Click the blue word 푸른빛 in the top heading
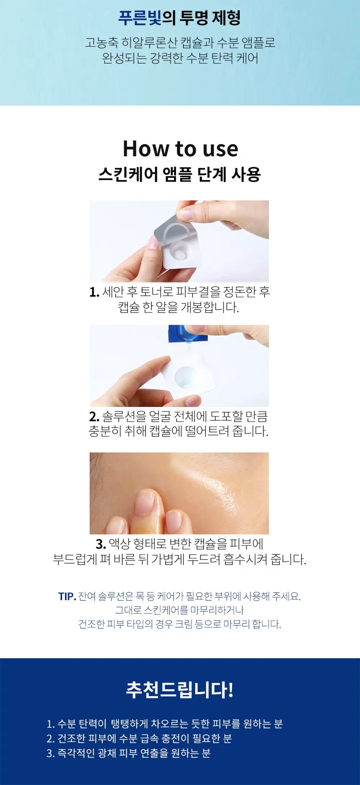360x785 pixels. pos(140,18)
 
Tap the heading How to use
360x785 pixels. pos(180,149)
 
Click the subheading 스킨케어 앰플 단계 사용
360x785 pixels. pos(179,175)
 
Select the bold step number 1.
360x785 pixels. pos(94,292)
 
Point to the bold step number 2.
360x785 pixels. pos(94,417)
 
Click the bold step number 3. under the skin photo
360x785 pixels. pos(101,544)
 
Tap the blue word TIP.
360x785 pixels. pos(67,597)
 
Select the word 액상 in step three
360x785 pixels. pos(119,544)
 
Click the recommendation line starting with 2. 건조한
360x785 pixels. pos(139,739)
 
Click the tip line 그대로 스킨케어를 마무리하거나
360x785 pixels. pos(180,610)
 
